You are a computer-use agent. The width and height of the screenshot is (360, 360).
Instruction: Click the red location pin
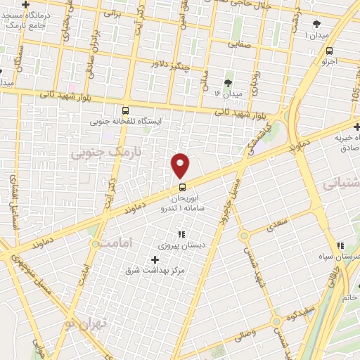180,165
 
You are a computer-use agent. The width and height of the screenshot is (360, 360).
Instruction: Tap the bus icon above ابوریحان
182,187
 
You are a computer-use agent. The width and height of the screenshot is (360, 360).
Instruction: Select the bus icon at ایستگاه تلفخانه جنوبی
125,110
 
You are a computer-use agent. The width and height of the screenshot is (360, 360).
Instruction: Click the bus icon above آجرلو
330,51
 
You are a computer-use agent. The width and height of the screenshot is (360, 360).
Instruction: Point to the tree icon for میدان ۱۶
228,82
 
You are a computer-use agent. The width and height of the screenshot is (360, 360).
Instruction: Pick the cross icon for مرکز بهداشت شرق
155,259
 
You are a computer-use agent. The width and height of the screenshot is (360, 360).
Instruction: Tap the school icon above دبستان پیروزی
181,235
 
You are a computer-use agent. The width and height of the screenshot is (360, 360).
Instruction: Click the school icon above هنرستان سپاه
340,246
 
